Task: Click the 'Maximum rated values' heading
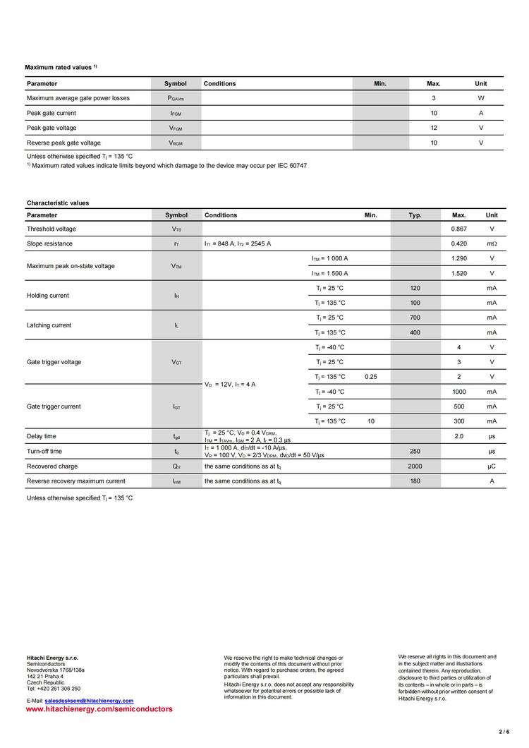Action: coord(59,67)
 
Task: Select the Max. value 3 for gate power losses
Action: coord(434,98)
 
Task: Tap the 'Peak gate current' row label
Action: coord(51,113)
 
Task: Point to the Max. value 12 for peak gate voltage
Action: coord(434,128)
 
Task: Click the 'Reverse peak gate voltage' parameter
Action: coord(63,143)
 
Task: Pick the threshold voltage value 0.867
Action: coord(458,229)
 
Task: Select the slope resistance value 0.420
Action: coord(458,243)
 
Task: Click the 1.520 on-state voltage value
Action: coord(458,273)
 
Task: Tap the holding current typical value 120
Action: coord(415,288)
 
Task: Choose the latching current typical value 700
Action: coord(415,318)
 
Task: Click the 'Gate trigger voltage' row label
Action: coord(54,362)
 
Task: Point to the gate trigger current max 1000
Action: coord(459,392)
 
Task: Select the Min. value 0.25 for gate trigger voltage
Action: coord(371,377)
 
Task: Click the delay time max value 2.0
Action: coord(458,436)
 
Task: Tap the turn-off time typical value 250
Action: coord(415,451)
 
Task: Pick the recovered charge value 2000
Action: coord(415,466)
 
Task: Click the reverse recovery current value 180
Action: coord(415,481)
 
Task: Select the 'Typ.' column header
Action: coord(415,215)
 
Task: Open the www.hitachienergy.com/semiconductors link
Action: coord(99,708)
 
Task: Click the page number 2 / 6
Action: coord(504,732)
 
